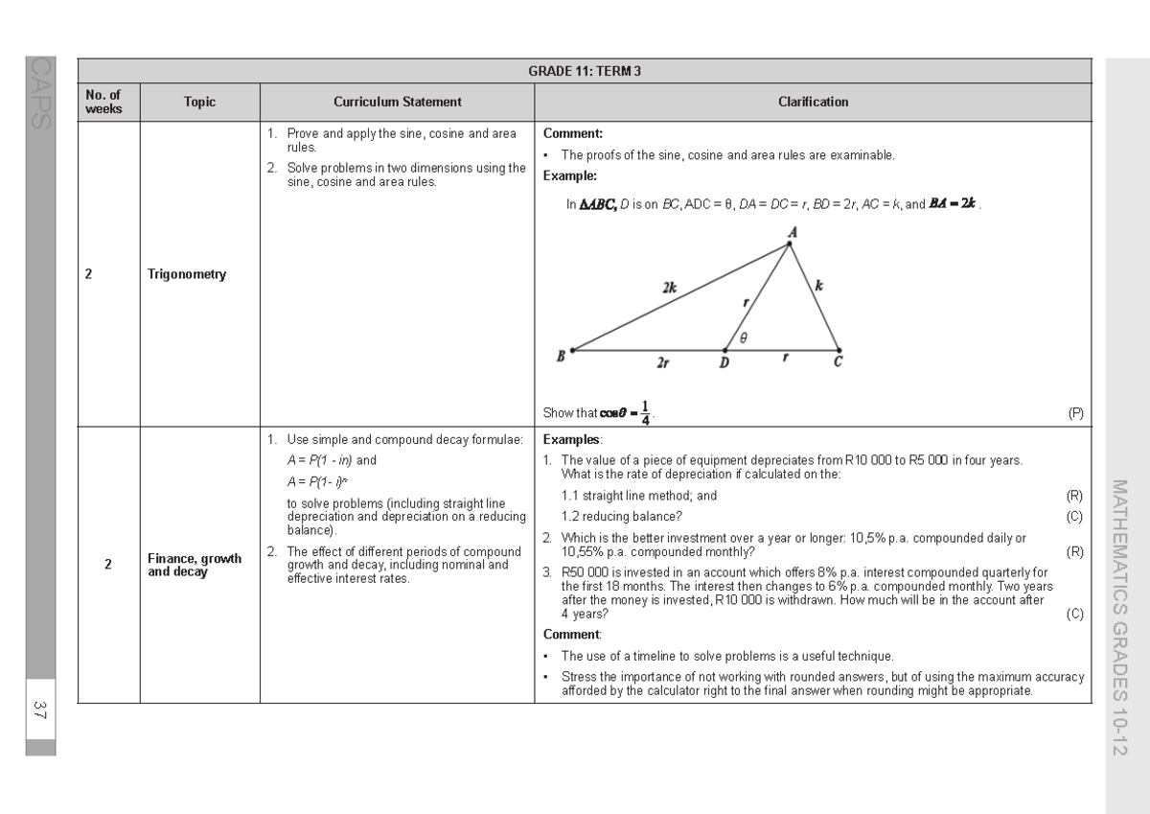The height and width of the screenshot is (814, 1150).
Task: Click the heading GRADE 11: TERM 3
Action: pos(584,72)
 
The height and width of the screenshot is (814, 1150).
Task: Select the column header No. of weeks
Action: pos(103,103)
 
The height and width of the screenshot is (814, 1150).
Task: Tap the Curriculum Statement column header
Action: pos(397,103)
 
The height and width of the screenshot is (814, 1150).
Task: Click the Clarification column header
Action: pos(813,103)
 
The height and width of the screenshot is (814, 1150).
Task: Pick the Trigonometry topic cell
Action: pos(187,274)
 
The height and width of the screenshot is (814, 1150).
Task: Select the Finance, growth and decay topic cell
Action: pos(194,566)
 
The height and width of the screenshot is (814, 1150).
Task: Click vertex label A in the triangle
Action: pos(793,232)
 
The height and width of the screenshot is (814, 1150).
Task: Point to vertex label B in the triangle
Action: pos(562,357)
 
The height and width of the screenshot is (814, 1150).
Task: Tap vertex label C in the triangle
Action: pos(839,362)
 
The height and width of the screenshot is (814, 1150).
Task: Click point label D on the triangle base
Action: pos(724,363)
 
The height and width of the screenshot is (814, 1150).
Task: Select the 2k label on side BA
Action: pos(669,286)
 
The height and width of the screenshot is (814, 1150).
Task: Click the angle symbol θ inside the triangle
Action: pos(743,337)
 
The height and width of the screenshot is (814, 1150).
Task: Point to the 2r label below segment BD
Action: pos(662,362)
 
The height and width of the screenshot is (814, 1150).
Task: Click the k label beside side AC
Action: pos(818,285)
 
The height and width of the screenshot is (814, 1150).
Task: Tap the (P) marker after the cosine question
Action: pos(1075,413)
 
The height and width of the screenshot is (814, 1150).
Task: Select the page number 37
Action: pos(40,710)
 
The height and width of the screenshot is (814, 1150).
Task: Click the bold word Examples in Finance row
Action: pos(573,440)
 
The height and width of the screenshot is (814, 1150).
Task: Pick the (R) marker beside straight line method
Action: pos(1074,496)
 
